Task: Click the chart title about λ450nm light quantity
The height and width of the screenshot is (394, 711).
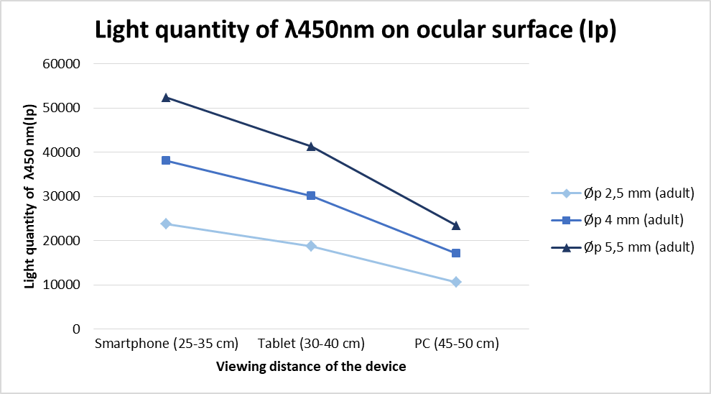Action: click(355, 31)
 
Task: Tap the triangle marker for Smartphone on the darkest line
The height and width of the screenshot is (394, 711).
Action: click(166, 97)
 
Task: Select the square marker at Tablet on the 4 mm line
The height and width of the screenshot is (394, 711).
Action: click(311, 196)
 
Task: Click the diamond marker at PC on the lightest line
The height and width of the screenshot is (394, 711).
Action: click(456, 282)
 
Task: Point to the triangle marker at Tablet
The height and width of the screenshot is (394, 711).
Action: click(311, 146)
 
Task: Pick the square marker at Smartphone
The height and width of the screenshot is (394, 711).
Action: click(166, 160)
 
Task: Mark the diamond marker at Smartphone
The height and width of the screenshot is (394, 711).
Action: click(166, 224)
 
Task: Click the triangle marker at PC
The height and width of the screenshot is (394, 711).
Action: click(456, 226)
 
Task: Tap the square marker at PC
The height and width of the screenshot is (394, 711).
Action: click(456, 253)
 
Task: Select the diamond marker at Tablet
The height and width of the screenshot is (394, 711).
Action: click(311, 246)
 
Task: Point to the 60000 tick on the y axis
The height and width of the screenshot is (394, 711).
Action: click(62, 64)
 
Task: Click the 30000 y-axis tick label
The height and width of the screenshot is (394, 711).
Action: click(62, 196)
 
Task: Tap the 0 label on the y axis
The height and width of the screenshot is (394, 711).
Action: click(75, 329)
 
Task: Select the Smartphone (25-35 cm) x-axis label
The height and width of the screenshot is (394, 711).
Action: click(166, 344)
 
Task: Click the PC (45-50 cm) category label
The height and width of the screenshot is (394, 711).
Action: click(456, 344)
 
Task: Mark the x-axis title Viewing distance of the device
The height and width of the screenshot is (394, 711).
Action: click(311, 367)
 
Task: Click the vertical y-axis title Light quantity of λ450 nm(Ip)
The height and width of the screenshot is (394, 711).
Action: click(29, 196)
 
